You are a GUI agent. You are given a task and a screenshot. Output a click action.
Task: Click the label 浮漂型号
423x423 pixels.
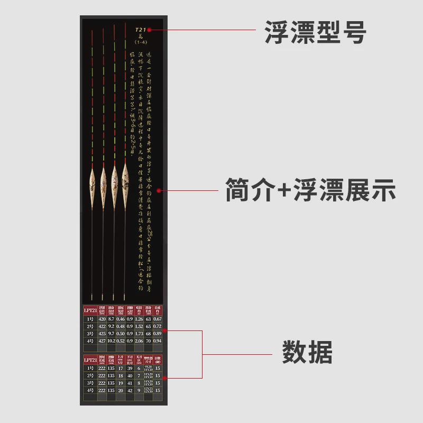tap(315, 33)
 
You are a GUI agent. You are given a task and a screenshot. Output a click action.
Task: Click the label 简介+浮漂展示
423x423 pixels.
tap(310, 190)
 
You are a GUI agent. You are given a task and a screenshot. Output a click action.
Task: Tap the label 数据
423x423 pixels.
tap(307, 352)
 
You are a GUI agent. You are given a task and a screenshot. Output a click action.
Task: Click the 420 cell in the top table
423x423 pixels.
tap(100, 319)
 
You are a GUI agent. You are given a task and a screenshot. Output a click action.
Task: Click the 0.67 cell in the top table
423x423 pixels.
tap(157, 319)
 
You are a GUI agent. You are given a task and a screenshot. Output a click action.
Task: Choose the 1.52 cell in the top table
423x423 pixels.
tap(139, 327)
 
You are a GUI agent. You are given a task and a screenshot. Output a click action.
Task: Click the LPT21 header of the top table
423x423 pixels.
tap(89, 310)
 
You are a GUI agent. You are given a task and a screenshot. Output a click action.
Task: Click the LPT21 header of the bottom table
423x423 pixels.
tap(89, 360)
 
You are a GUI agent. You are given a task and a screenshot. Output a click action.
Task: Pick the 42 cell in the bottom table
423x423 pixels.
tap(130, 390)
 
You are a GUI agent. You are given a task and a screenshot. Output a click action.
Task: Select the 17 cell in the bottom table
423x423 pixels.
tap(120, 368)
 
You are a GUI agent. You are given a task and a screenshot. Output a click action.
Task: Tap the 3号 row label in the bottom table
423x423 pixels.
tap(89, 382)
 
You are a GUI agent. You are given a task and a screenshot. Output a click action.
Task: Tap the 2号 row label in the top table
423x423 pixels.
tap(89, 327)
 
